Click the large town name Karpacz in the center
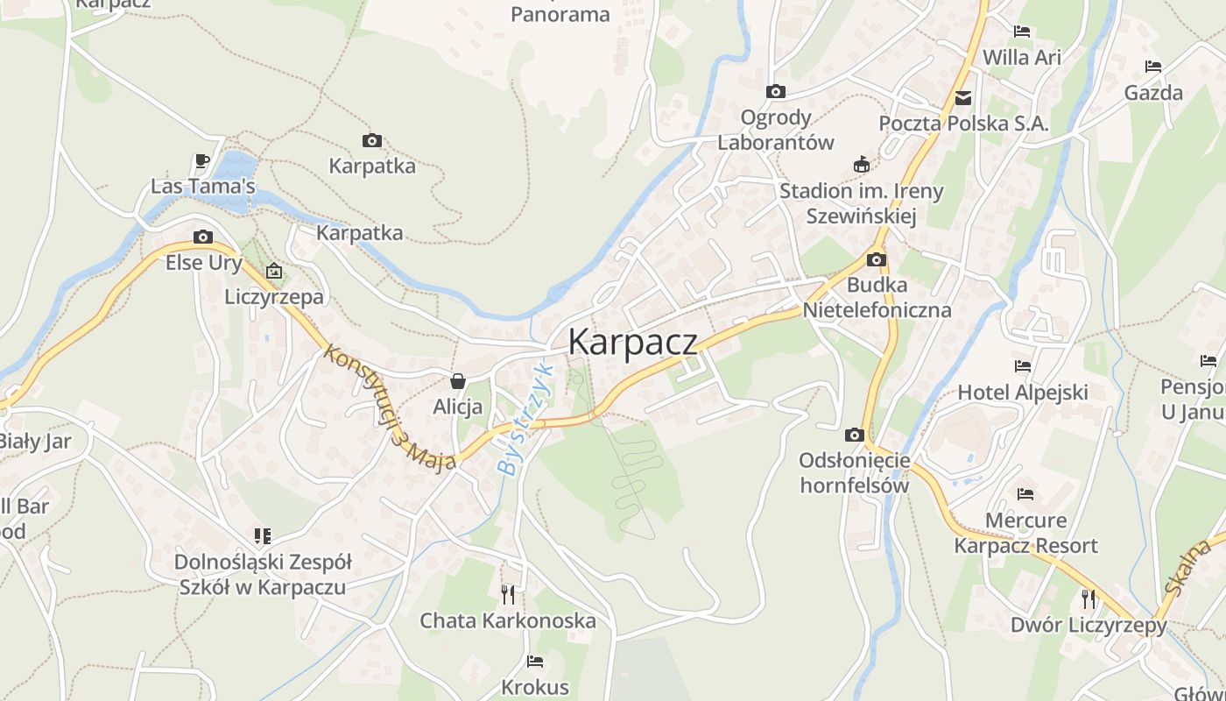click(x=633, y=342)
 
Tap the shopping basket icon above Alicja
click(x=457, y=381)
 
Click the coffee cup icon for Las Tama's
click(x=202, y=161)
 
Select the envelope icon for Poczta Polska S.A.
click(x=963, y=98)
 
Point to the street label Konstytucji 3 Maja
click(x=390, y=407)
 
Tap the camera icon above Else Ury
click(x=203, y=237)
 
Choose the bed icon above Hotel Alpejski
click(x=1022, y=366)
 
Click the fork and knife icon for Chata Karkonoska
click(x=508, y=595)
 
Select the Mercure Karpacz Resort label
click(x=1025, y=533)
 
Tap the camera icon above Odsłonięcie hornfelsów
click(x=855, y=435)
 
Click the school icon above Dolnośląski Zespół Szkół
click(x=263, y=535)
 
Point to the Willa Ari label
click(x=1021, y=58)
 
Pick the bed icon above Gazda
click(x=1153, y=67)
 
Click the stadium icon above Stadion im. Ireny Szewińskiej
click(x=862, y=165)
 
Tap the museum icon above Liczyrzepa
click(x=274, y=271)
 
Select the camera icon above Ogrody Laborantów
click(x=775, y=92)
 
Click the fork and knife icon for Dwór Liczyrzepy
click(x=1089, y=599)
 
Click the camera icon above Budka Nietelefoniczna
click(x=877, y=260)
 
